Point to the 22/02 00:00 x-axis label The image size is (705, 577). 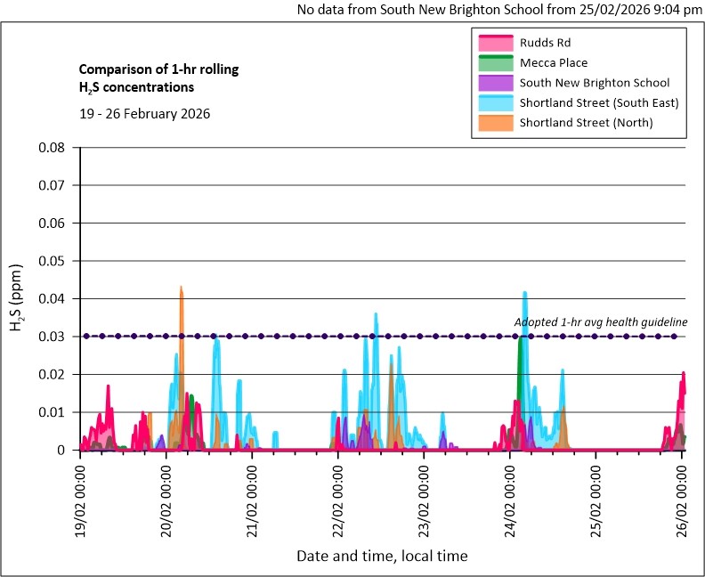pyautogui.click(x=339, y=494)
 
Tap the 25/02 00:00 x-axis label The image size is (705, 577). pyautogui.click(x=597, y=494)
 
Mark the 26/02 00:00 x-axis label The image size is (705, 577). pyautogui.click(x=683, y=494)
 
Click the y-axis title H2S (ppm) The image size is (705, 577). pyautogui.click(x=17, y=299)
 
